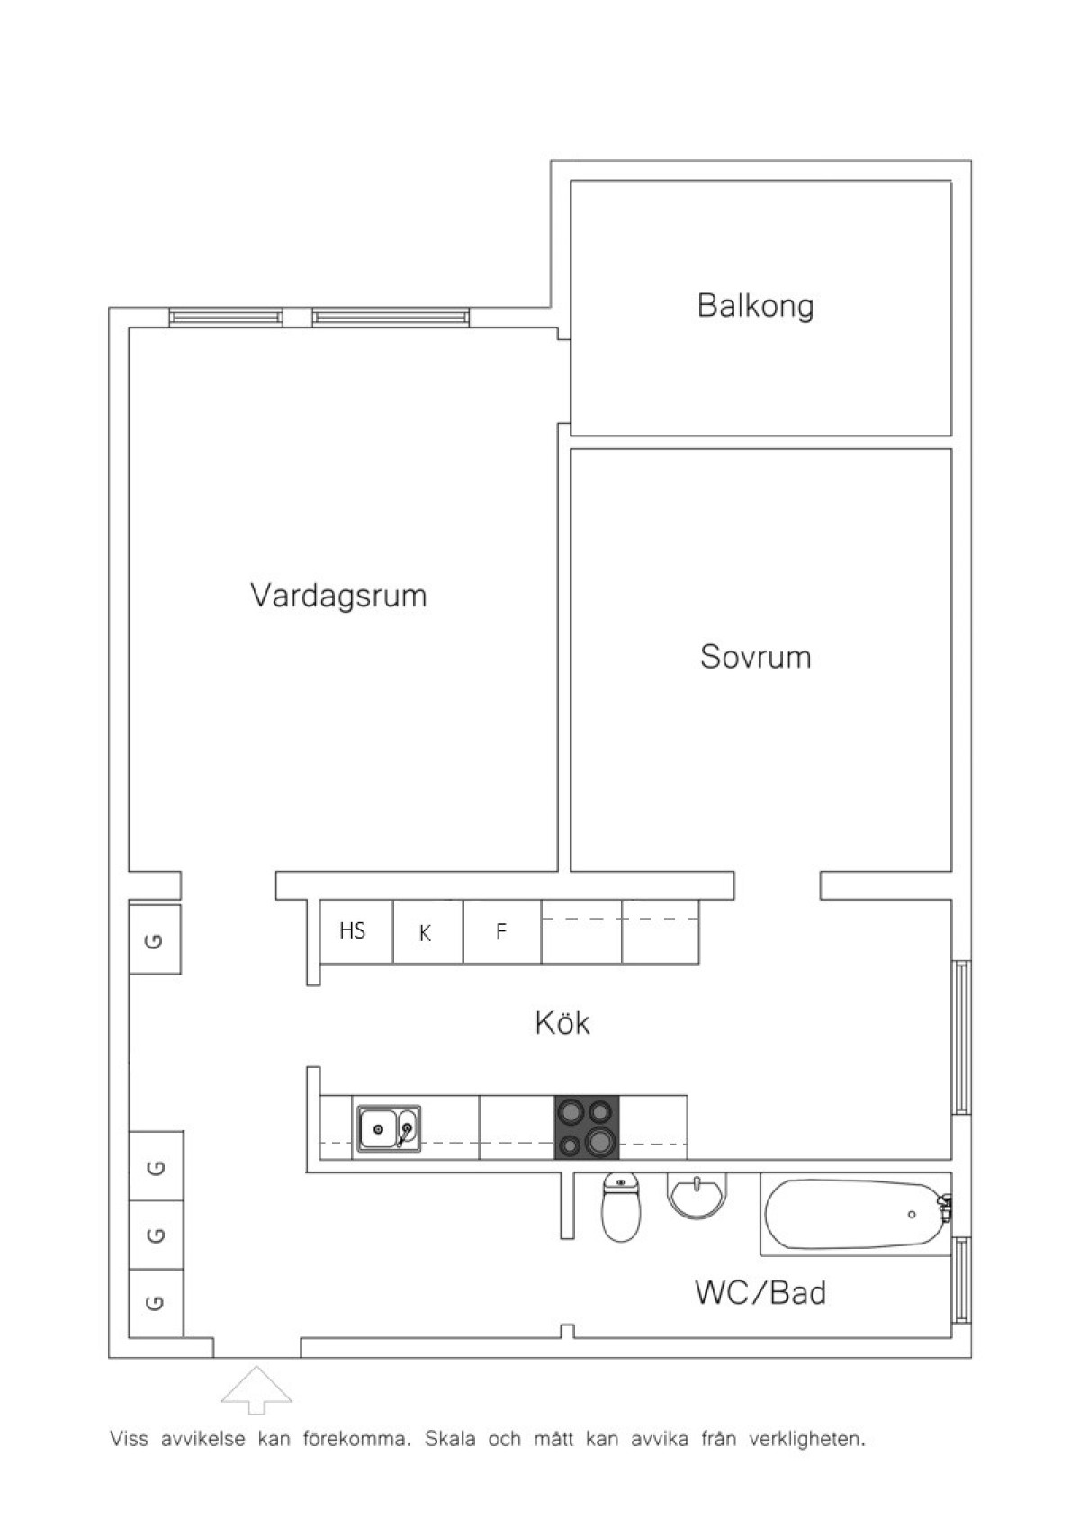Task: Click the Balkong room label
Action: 755,307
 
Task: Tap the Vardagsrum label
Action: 339,595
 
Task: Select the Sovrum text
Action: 755,657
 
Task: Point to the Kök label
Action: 562,1022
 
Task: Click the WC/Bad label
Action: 760,1292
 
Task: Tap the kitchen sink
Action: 390,1129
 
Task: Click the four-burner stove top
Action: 587,1127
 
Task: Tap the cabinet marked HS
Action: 356,931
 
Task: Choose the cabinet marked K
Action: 428,931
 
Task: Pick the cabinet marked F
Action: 502,931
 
